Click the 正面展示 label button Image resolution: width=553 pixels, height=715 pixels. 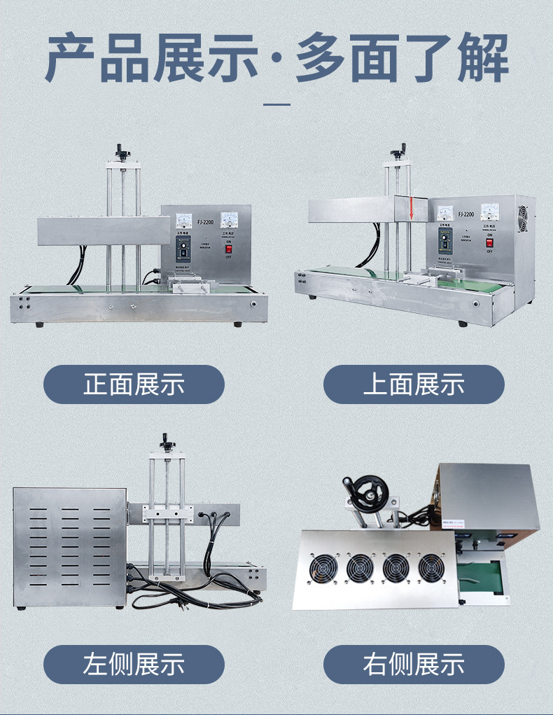click(134, 384)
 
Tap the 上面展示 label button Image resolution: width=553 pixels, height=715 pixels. click(414, 384)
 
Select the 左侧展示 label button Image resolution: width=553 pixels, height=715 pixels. click(134, 665)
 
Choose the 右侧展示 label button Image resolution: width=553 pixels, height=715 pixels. click(414, 665)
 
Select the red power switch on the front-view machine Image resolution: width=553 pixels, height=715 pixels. click(227, 247)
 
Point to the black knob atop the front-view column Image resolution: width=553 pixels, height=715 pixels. click(124, 149)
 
